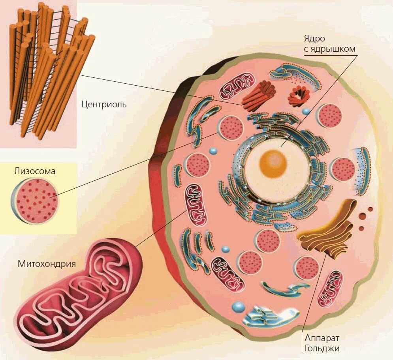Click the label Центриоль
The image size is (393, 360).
coord(104,104)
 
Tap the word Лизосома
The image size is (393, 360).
coord(34,171)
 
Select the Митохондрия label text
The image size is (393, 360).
coord(47,263)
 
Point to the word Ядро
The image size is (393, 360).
coord(314,39)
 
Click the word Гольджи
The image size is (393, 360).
coord(322,348)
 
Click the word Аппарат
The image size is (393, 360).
coord(322,338)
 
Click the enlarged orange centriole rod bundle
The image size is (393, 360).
coord(49,71)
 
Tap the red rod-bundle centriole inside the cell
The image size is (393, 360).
coord(258,96)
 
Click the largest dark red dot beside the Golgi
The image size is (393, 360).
coord(362,216)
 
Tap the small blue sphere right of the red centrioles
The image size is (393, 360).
coord(306,112)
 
